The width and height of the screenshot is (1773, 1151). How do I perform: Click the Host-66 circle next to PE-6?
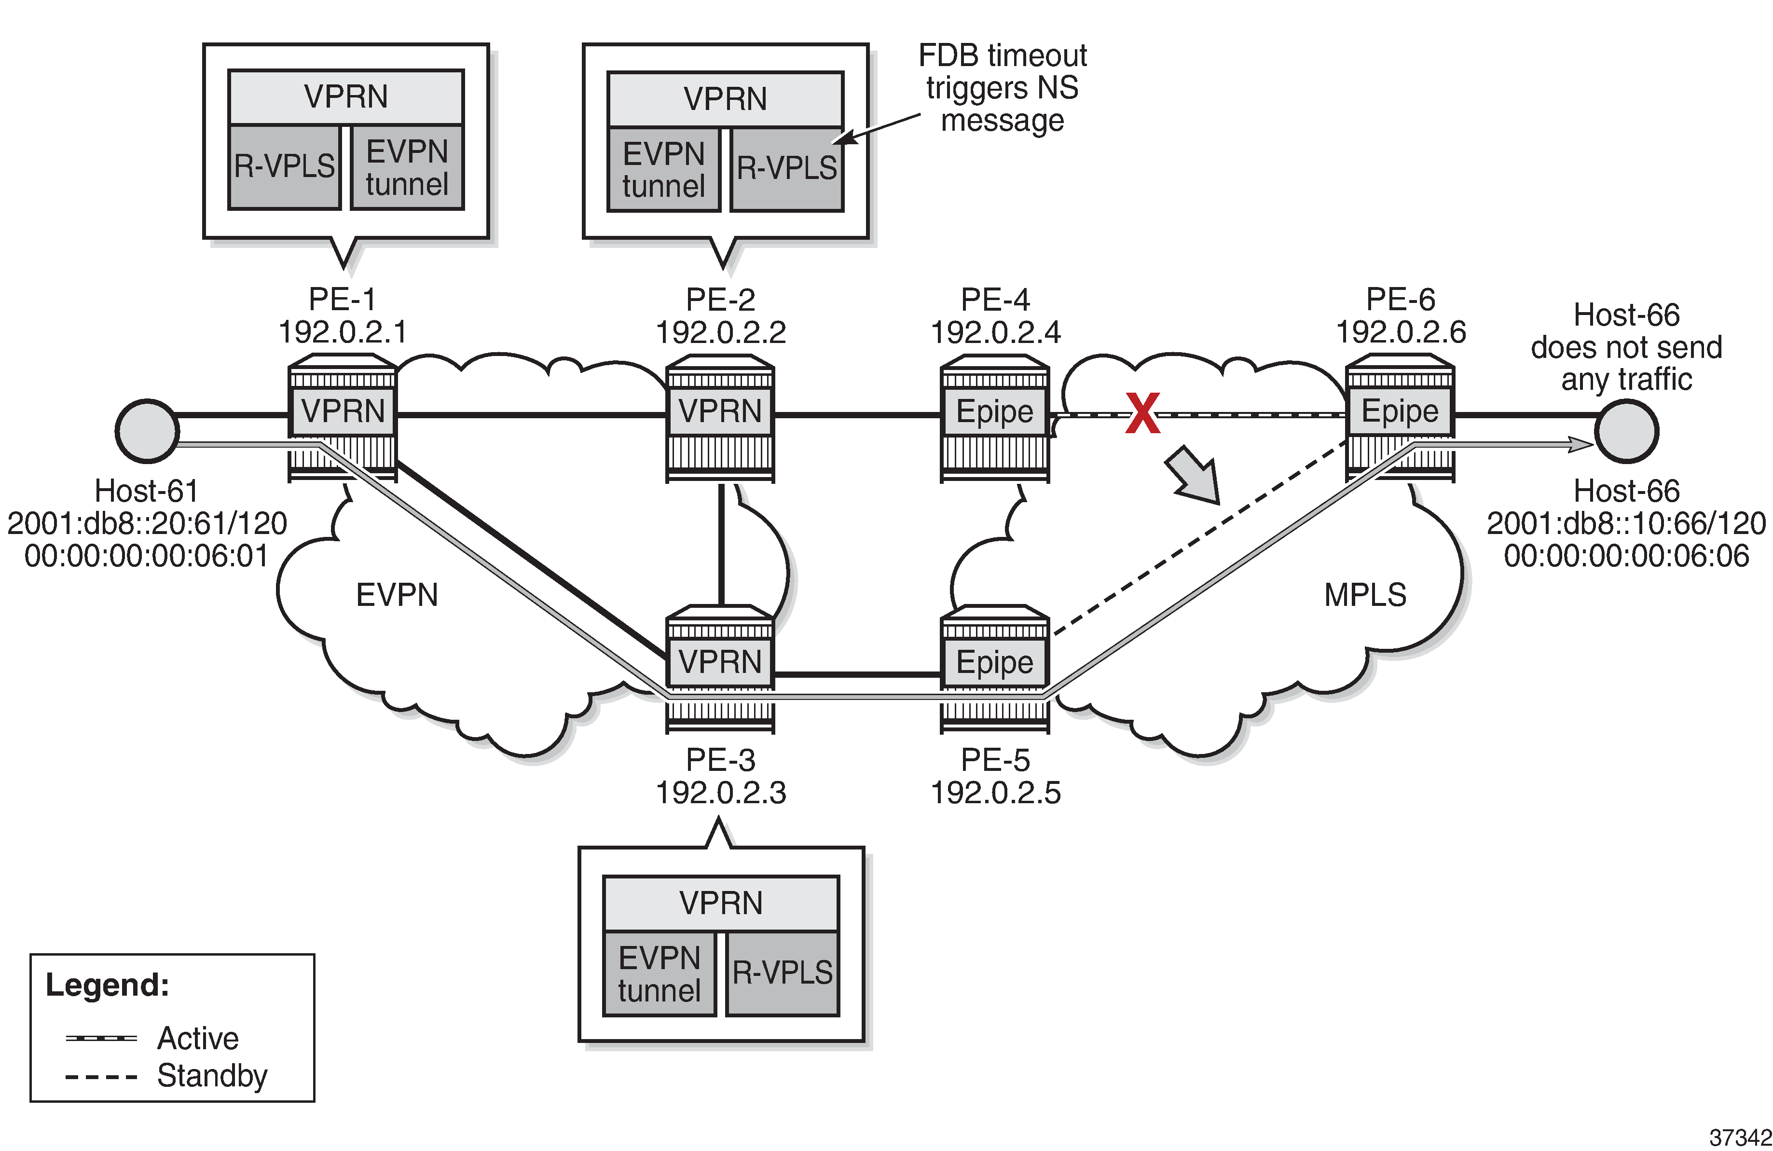pos(1626,431)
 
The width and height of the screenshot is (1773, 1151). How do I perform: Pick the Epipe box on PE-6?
pos(1400,411)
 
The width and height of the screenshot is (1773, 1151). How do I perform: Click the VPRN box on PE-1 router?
pos(343,411)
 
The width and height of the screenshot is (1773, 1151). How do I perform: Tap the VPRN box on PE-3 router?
pos(720,661)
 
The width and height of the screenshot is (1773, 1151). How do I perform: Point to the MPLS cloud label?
pos(1365,594)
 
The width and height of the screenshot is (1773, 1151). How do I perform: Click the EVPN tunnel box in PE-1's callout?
pos(407,167)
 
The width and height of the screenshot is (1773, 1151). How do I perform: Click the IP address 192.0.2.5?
pos(995,793)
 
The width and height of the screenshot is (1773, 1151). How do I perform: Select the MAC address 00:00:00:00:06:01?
pos(146,556)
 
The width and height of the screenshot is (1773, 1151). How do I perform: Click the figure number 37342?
pos(1740,1137)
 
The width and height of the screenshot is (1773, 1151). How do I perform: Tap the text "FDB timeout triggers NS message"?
pos(1002,88)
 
